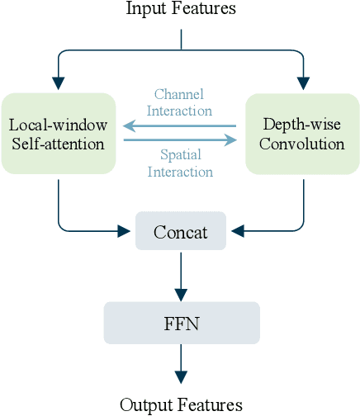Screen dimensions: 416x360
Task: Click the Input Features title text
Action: point(180,9)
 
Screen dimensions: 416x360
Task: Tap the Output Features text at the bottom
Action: point(181,404)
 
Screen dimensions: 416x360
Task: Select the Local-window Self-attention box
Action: point(57,133)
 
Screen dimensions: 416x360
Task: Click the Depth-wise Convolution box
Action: point(303,133)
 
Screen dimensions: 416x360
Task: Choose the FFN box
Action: point(181,322)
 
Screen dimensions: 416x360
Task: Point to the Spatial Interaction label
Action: point(179,163)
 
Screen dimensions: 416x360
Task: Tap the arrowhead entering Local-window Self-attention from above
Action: point(58,83)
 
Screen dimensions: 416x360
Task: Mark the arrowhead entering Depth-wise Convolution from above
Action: point(303,83)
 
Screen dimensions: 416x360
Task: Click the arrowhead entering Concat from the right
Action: point(238,230)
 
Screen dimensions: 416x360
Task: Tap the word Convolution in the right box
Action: point(303,144)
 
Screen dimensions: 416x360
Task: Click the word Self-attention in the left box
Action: point(57,144)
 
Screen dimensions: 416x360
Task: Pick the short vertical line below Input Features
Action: point(181,39)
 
